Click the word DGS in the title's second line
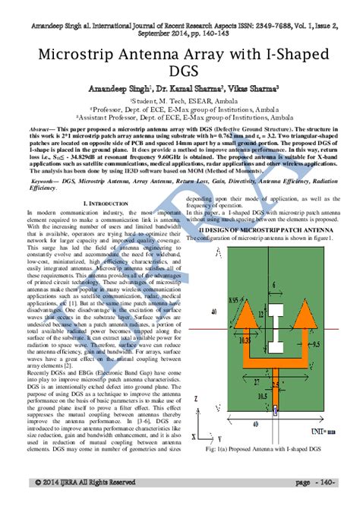[180, 77]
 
